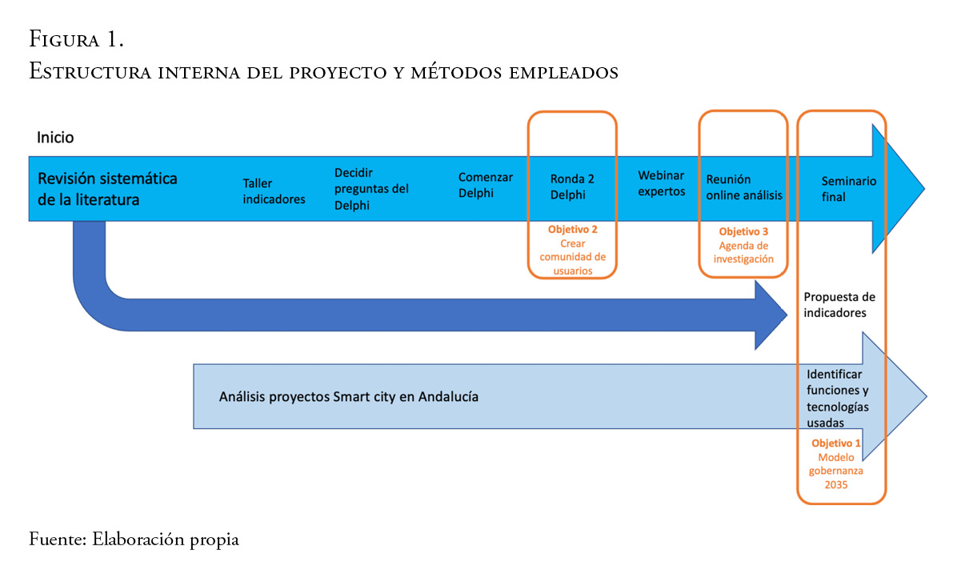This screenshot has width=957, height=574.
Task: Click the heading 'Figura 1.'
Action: click(76, 38)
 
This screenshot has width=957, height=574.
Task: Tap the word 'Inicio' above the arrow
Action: click(55, 138)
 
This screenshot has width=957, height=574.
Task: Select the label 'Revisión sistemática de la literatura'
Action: click(108, 189)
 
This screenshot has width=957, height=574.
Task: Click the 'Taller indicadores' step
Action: click(274, 191)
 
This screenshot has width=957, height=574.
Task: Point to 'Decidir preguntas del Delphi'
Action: click(371, 189)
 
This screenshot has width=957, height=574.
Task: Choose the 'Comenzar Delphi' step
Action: click(486, 185)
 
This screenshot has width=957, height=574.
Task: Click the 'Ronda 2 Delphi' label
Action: click(572, 187)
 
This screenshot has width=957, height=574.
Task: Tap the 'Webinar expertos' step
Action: click(662, 183)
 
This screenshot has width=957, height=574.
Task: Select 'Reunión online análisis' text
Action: click(744, 187)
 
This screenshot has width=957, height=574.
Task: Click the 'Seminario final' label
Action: click(848, 189)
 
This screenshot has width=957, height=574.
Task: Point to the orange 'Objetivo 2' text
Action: click(573, 229)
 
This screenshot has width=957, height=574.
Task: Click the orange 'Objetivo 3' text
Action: click(743, 232)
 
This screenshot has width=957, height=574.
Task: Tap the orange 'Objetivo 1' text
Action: click(836, 443)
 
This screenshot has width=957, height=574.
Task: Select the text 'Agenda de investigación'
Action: click(743, 252)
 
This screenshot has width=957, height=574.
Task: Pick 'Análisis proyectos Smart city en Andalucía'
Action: click(349, 396)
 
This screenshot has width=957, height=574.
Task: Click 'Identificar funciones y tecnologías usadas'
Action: click(838, 398)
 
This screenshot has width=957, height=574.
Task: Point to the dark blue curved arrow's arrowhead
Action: click(770, 315)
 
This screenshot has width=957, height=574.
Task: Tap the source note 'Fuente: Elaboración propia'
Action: click(134, 540)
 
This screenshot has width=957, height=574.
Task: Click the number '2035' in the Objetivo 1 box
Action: click(836, 484)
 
